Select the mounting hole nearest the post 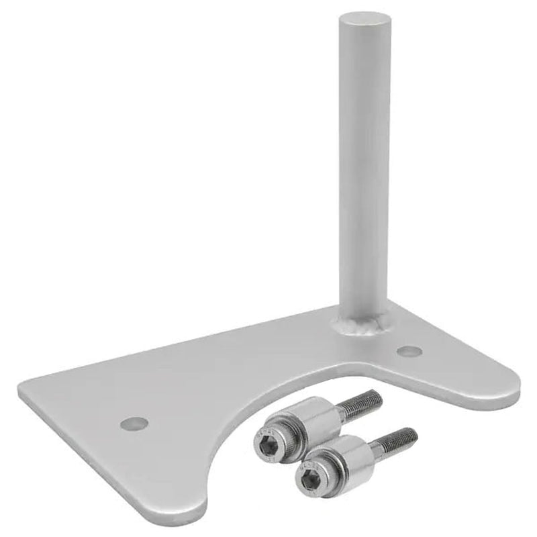pyautogui.click(x=409, y=351)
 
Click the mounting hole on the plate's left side pyautogui.click(x=134, y=424)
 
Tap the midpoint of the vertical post pyautogui.click(x=363, y=168)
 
